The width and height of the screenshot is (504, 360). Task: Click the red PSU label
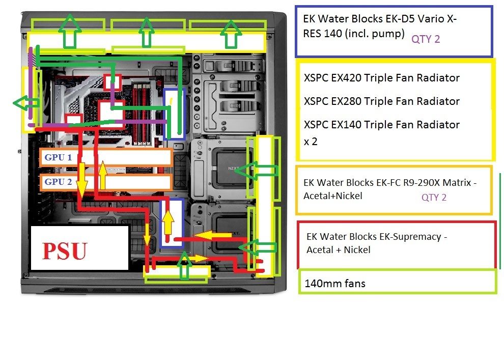65,252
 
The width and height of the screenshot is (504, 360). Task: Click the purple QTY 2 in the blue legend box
426,39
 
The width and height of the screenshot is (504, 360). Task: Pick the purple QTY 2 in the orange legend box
434,197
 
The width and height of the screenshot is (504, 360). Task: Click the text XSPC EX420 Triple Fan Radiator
381,78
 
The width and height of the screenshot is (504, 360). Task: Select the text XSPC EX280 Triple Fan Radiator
381,101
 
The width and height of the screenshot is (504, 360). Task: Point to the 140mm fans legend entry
334,283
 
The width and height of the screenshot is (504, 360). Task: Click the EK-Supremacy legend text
376,243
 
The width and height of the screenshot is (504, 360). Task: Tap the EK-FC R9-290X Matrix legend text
389,189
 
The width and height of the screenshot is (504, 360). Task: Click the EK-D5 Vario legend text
380,26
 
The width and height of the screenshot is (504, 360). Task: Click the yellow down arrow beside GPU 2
81,183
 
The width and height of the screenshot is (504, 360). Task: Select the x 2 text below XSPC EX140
311,142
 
